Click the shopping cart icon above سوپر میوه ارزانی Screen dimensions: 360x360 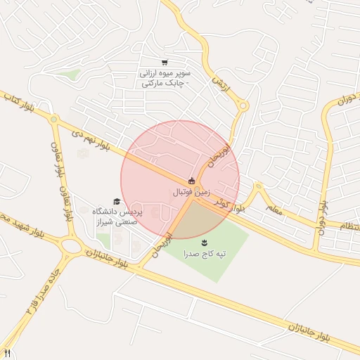pos(165,62)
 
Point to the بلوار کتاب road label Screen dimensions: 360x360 pos(20,101)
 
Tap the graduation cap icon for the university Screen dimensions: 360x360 pos(116,202)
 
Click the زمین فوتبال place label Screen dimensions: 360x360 pos(191,191)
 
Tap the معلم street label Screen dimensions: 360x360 pos(275,210)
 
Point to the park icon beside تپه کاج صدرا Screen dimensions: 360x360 pos(204,242)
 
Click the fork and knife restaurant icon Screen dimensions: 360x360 pos(8,352)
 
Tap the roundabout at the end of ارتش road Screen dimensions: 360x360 pos(243,106)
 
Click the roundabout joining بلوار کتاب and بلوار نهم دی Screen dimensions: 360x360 pos(53,120)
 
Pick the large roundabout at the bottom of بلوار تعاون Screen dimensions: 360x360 pos(71,245)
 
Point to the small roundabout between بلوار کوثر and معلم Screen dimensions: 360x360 pos(258,186)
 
